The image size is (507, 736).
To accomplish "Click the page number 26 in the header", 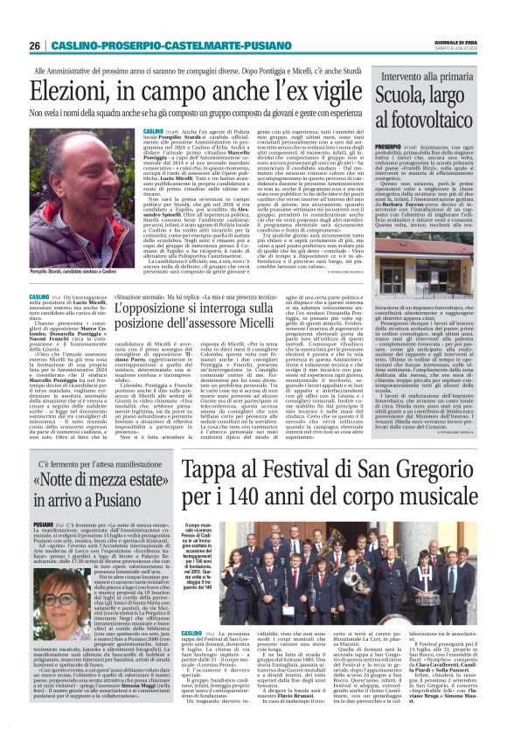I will coord(35,45).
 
